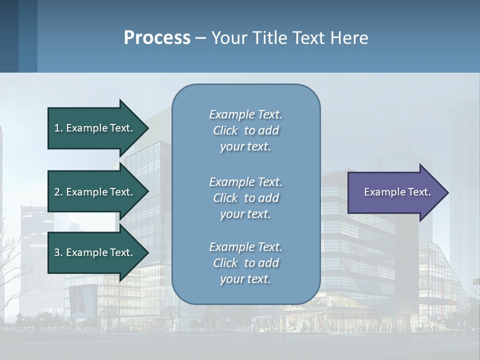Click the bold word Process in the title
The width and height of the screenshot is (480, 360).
tap(157, 38)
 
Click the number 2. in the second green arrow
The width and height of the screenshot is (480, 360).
tap(58, 192)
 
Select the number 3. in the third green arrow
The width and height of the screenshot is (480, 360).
tap(58, 252)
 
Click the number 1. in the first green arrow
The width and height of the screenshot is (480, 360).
tap(58, 128)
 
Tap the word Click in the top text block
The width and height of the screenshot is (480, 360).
tap(225, 130)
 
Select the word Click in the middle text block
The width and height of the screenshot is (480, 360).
tap(225, 198)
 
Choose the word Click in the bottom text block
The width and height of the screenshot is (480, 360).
tap(225, 263)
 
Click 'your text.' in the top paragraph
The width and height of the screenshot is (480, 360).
tap(245, 147)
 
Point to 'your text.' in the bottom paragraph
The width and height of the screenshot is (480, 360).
tap(245, 279)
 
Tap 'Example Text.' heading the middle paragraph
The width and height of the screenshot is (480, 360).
tap(245, 182)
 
